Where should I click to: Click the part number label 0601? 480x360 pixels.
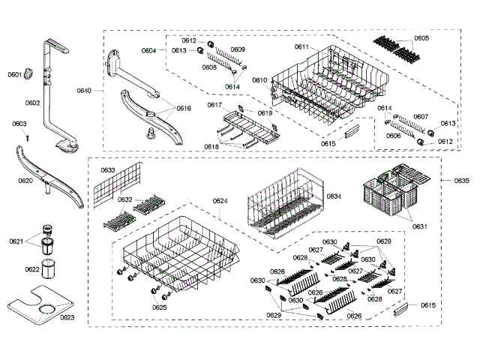[15, 74]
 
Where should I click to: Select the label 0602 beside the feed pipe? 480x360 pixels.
[32, 103]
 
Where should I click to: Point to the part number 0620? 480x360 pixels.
[25, 181]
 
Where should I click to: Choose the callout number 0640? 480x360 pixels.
[84, 90]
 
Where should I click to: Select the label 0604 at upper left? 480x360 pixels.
[148, 50]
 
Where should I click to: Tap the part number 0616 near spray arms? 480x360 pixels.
[184, 109]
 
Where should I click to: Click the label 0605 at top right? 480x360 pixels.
[421, 38]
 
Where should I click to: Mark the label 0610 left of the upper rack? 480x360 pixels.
[259, 79]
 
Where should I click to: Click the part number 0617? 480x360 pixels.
[214, 105]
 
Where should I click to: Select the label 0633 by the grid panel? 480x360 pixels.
[108, 170]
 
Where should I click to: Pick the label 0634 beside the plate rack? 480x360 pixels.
[334, 196]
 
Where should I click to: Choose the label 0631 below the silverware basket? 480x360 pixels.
[420, 226]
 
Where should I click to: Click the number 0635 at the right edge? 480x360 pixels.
[462, 181]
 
